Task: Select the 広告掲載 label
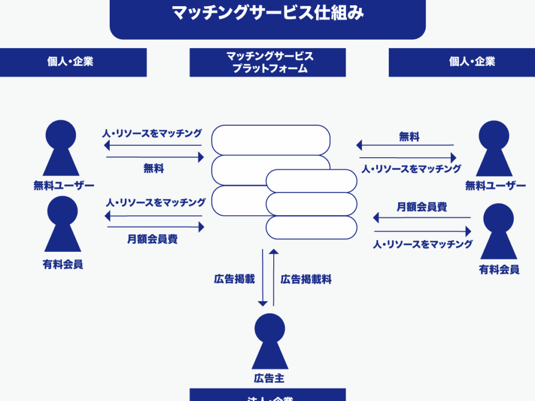[x=234, y=279]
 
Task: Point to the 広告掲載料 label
[x=306, y=279]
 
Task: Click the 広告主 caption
[x=269, y=378]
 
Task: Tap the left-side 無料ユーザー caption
[x=64, y=185]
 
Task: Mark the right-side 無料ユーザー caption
[x=495, y=185]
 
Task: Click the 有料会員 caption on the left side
[x=63, y=265]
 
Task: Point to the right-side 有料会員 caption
[x=499, y=269]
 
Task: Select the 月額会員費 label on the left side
[x=153, y=239]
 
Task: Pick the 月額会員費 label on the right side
[x=422, y=207]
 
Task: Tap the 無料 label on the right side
[x=409, y=137]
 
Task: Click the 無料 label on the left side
[x=154, y=168]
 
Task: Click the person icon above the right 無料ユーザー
[x=494, y=149]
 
